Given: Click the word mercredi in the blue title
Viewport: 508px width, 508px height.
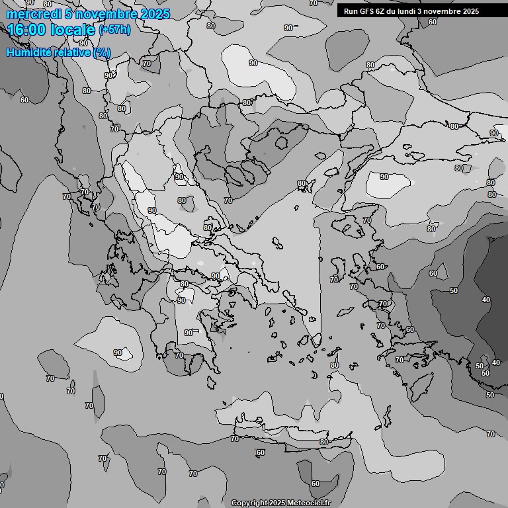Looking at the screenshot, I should point(32,14).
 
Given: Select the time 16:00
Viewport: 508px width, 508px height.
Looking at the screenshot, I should point(26,30).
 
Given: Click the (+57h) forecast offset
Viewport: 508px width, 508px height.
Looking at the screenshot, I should point(114,30).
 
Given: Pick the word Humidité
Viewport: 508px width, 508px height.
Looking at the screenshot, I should point(28,52).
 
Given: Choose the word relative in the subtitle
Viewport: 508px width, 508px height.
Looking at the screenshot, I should point(71,52).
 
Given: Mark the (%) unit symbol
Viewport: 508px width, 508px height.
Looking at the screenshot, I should point(102,52).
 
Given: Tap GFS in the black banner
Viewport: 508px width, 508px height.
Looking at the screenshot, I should point(367,11).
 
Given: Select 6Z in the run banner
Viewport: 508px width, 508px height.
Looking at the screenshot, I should point(382,11).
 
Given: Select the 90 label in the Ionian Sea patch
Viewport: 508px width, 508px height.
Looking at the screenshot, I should point(118,353).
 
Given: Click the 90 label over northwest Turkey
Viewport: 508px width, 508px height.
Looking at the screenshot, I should point(384,177).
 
